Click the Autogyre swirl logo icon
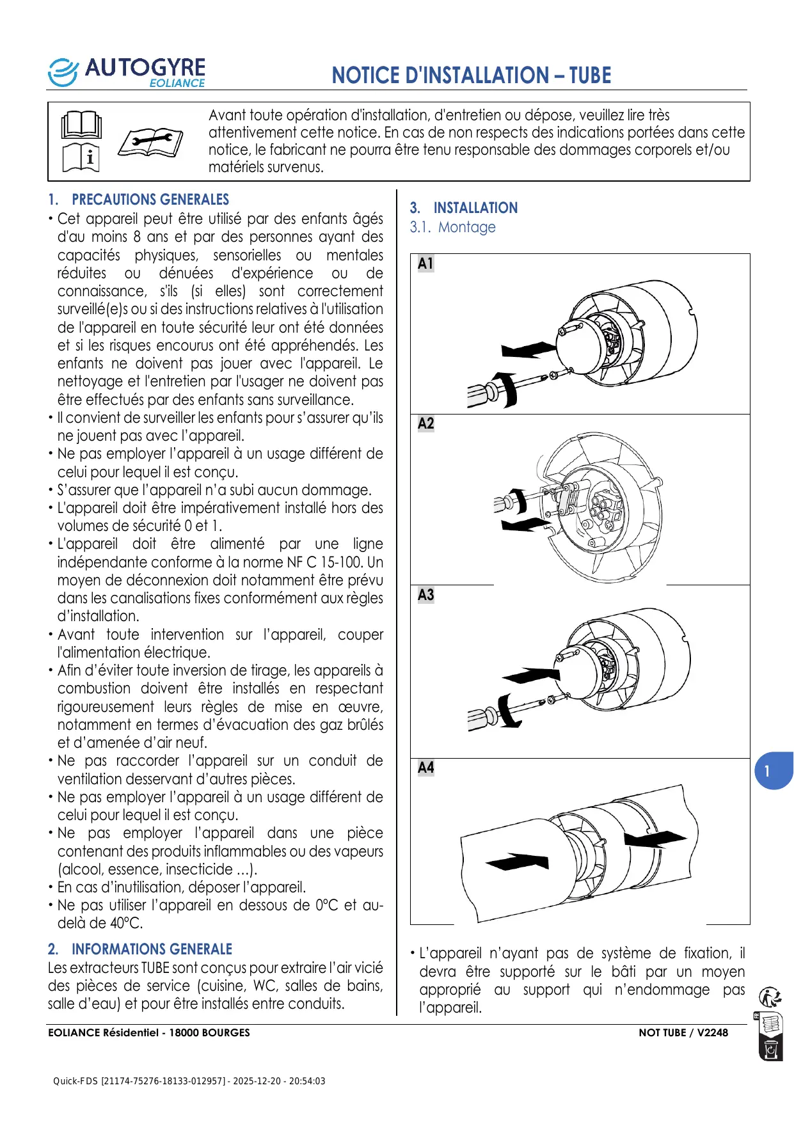pos(63,72)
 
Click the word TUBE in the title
pos(590,75)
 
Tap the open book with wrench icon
pos(150,141)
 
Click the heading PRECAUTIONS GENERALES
pos(150,200)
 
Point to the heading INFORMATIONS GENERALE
pos(152,949)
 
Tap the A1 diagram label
pos(425,264)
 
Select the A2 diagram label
pos(425,423)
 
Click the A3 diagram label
pos(425,595)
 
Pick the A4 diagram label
pos(425,768)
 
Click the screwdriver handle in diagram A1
pos(481,393)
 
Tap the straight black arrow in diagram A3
pos(531,675)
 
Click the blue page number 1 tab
pos(772,771)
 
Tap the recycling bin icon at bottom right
pos(771,1050)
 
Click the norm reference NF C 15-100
pos(326,562)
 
